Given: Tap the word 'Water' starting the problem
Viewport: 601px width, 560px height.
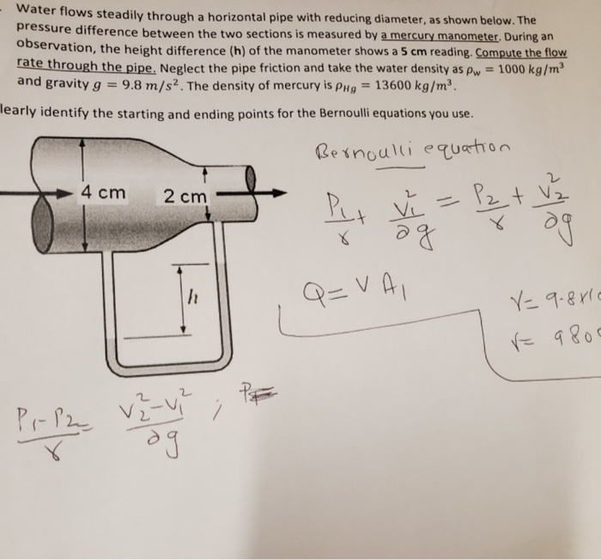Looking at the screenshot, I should pyautogui.click(x=42, y=12).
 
